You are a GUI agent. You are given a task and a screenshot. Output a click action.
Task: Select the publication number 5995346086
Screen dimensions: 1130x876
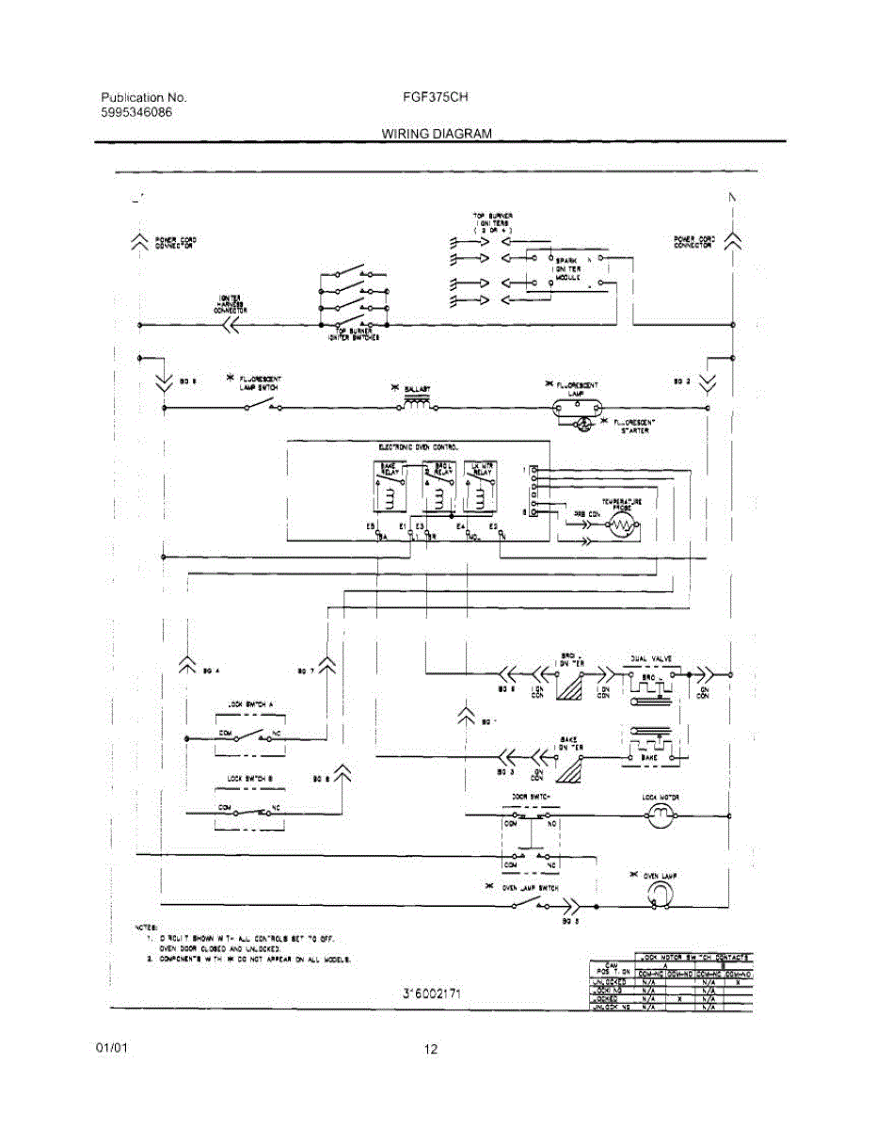point(136,112)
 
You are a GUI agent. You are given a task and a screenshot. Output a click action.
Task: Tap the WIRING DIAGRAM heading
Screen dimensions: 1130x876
point(437,134)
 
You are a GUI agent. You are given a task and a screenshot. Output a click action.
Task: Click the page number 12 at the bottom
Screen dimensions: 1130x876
point(431,1050)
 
